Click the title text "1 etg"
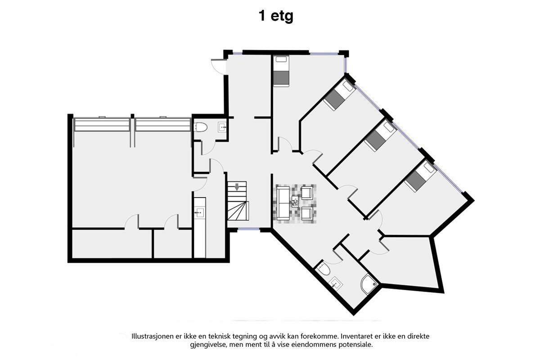(x=275, y=17)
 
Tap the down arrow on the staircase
(x=237, y=187)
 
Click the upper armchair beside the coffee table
(x=308, y=193)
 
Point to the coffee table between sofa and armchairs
(x=295, y=202)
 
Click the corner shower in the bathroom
(x=369, y=283)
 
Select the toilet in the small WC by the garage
(x=200, y=128)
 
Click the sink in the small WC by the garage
(x=223, y=127)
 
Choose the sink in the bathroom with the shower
(x=336, y=283)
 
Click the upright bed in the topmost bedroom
(x=281, y=71)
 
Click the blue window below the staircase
(x=248, y=229)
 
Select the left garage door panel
(x=102, y=125)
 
